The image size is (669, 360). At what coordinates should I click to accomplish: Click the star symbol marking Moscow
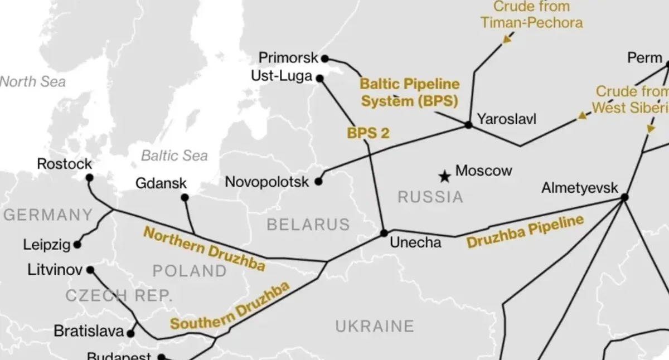tap(444, 177)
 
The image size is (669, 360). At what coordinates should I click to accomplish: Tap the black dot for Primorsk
tap(325, 58)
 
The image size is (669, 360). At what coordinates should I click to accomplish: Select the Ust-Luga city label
tap(284, 76)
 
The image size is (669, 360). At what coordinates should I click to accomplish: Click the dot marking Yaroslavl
tap(468, 125)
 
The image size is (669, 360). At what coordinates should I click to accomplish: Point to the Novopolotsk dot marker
tap(318, 182)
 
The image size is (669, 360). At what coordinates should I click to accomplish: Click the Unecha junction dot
tap(384, 233)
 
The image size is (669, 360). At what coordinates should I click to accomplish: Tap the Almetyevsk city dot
tap(624, 197)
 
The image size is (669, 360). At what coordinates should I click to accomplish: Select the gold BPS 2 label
tap(367, 133)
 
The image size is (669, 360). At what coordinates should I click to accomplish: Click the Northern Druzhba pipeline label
tap(204, 249)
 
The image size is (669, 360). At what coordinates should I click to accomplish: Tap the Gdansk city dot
tap(185, 197)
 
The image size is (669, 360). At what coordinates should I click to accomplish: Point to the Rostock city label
tap(64, 164)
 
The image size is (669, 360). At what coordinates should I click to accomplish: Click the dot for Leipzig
tap(77, 244)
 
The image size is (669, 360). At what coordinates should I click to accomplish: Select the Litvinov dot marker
tap(90, 270)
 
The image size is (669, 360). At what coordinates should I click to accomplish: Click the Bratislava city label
tap(88, 331)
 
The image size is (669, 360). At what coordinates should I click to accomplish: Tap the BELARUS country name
tap(308, 225)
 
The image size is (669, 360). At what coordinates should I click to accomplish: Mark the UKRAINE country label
tap(375, 325)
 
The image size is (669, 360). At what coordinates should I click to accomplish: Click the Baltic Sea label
tap(174, 155)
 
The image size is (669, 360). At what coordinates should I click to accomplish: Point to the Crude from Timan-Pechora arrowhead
tap(507, 39)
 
